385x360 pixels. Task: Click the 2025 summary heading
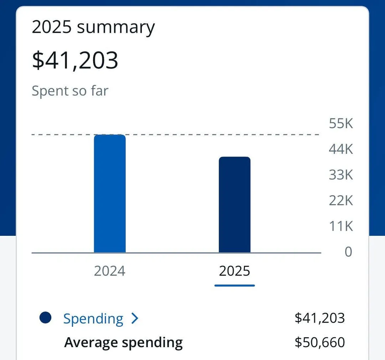point(93,27)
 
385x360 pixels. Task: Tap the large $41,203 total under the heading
point(75,60)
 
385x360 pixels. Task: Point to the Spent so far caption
point(70,91)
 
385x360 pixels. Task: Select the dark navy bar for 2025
point(235,205)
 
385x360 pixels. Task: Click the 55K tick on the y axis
point(341,123)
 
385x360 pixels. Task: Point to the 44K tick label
point(341,149)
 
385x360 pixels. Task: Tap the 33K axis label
point(341,175)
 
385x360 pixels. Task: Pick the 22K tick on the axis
point(341,201)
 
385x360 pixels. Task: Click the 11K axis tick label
point(341,226)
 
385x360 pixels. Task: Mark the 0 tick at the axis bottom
point(348,252)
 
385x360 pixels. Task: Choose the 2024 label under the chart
point(110,271)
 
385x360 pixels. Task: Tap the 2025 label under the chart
point(235,271)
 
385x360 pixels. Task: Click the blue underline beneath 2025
point(235,285)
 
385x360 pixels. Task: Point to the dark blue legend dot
point(46,318)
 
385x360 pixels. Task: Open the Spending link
point(93,319)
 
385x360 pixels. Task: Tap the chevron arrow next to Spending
point(134,319)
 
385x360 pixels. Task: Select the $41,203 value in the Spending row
point(320,318)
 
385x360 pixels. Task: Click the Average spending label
point(123,343)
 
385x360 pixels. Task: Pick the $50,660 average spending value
point(320,343)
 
